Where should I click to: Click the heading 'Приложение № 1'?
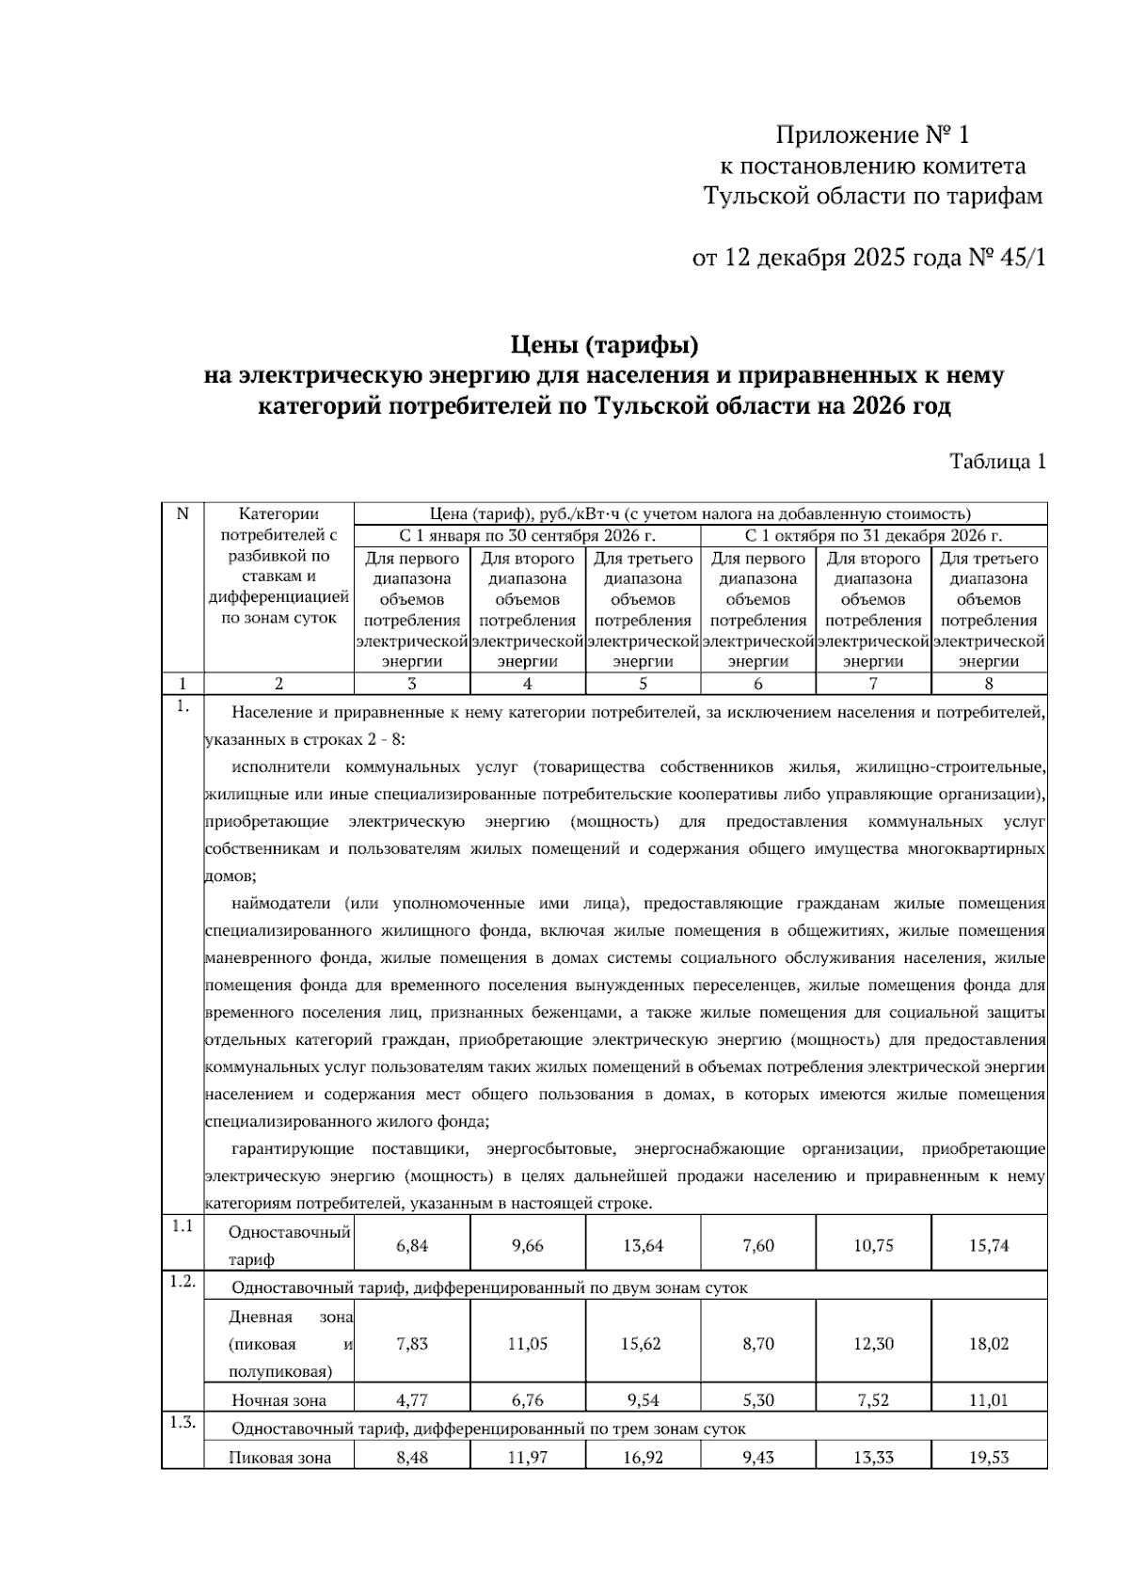(871, 134)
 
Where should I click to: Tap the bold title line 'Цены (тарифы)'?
(604, 346)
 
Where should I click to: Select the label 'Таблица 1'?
(997, 462)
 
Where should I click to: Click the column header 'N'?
(183, 513)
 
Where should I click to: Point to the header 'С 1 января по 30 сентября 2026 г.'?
(527, 536)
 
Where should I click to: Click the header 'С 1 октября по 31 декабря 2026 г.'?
(873, 536)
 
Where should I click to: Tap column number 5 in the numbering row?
(643, 684)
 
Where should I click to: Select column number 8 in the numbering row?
(989, 684)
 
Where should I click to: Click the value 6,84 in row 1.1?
(412, 1245)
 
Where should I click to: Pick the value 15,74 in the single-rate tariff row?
(989, 1245)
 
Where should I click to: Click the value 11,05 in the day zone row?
(527, 1344)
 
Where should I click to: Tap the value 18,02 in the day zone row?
(989, 1344)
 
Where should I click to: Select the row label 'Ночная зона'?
(278, 1400)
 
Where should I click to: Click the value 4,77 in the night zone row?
(412, 1400)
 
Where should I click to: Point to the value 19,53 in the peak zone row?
(989, 1458)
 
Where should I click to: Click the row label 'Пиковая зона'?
(280, 1458)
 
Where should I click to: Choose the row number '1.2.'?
(183, 1282)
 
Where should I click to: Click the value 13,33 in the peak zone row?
(873, 1458)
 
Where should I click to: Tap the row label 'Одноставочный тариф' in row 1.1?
(289, 1244)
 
